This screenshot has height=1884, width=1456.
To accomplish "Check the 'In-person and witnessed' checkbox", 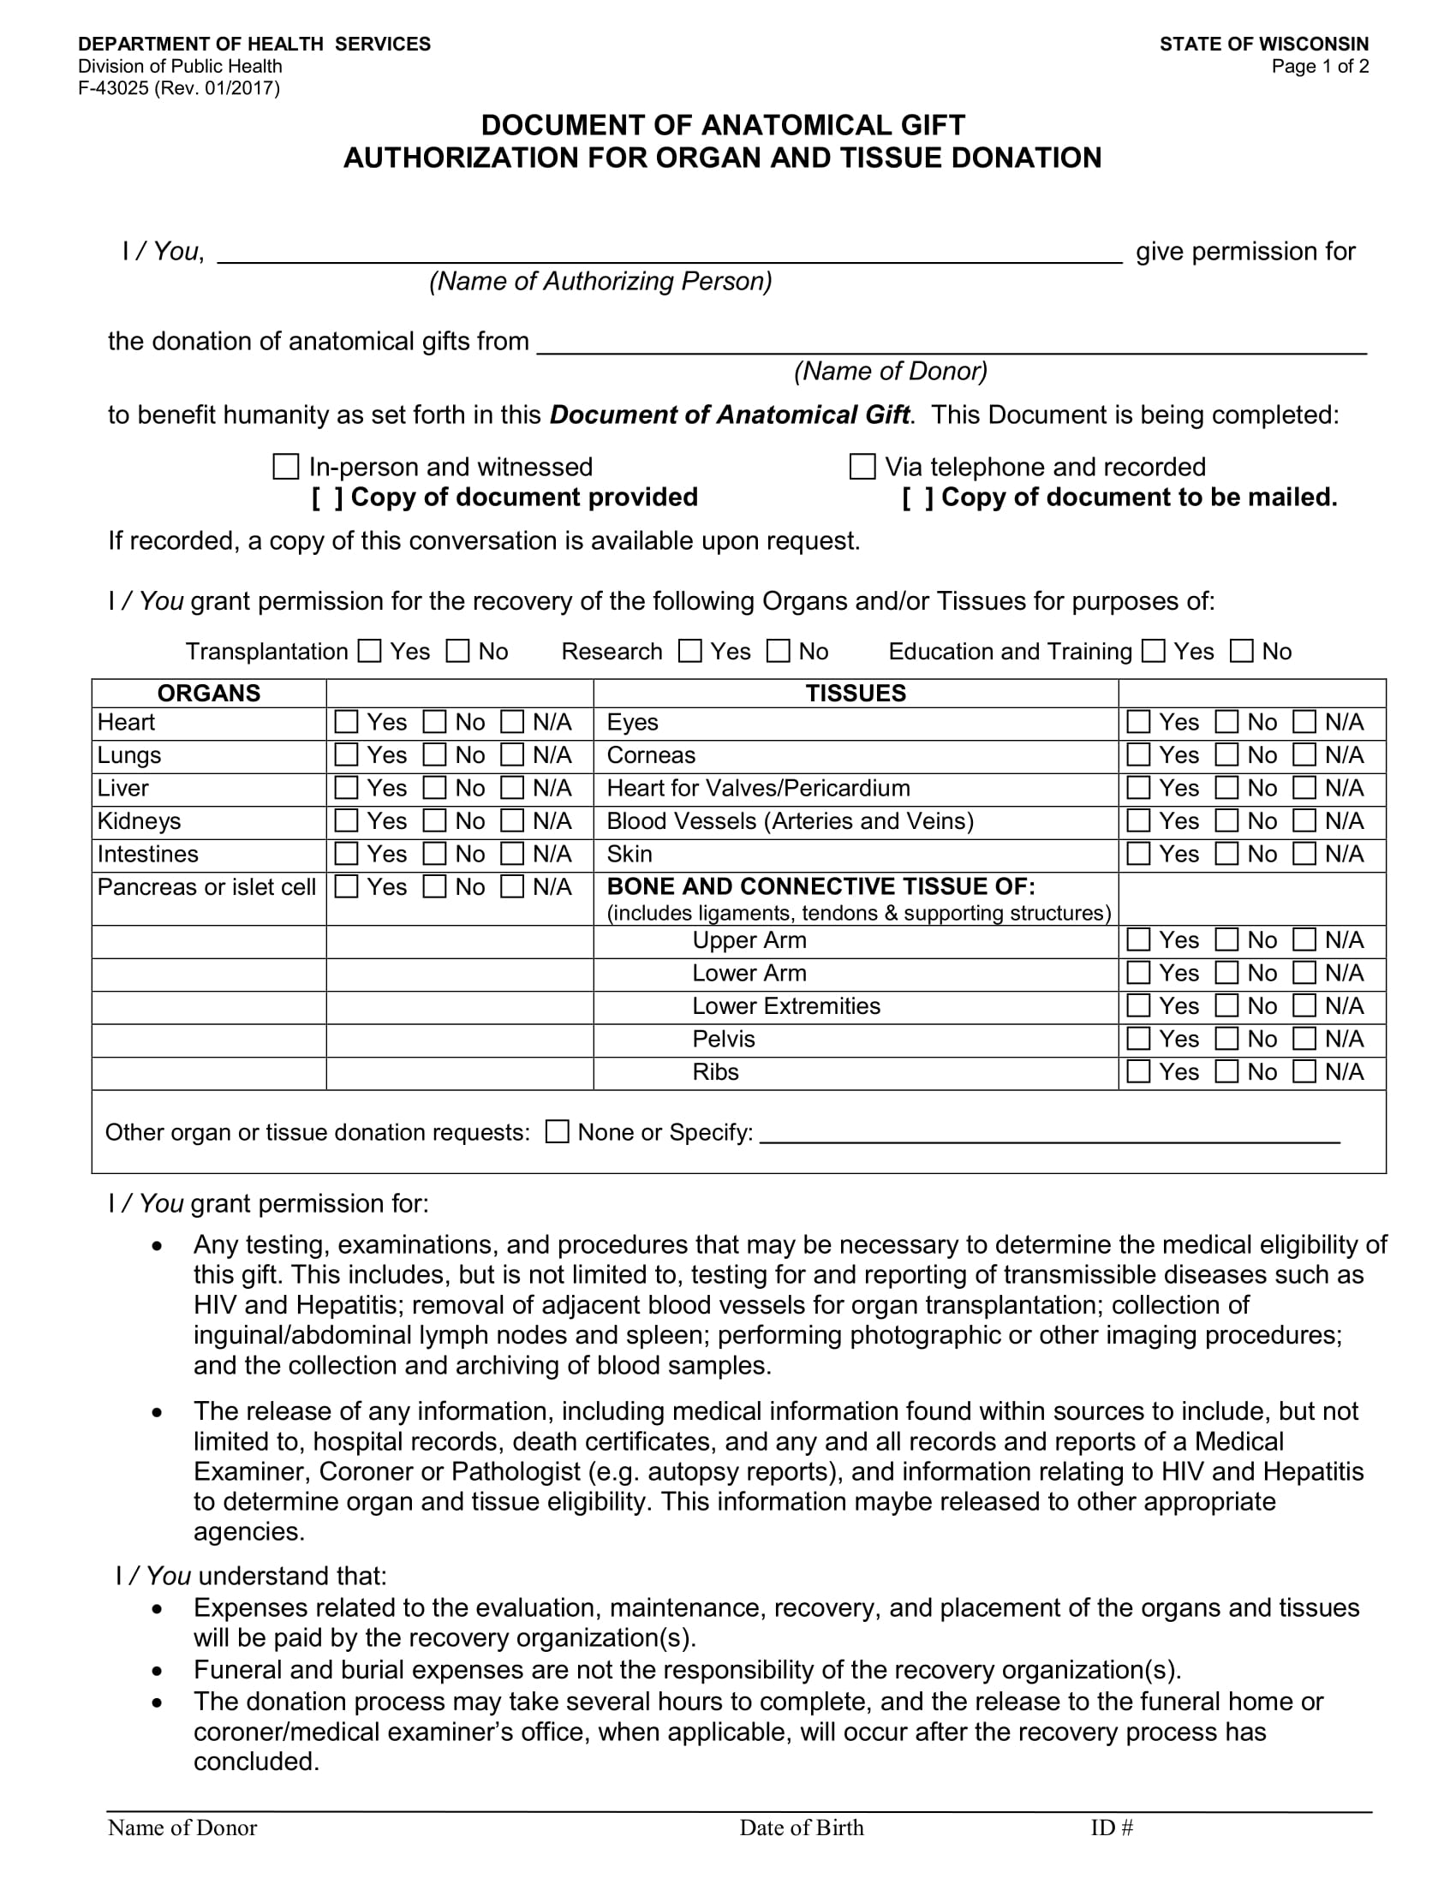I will (285, 467).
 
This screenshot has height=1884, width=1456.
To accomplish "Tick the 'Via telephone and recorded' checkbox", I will (862, 467).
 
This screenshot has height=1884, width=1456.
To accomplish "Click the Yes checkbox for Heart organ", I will (346, 721).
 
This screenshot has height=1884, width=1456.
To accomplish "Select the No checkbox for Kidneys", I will (435, 820).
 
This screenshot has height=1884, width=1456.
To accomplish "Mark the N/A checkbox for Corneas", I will (1305, 754).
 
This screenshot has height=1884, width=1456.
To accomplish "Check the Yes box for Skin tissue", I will (1138, 853).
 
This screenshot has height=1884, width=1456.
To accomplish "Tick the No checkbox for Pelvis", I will (1226, 1038).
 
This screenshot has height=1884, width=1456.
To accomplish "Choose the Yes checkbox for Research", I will (690, 652).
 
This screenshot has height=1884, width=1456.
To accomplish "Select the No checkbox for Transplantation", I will (458, 652).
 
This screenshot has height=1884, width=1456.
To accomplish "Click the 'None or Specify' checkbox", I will (558, 1131).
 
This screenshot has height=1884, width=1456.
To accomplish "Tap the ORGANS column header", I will (209, 694).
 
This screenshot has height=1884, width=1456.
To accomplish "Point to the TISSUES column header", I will (856, 694).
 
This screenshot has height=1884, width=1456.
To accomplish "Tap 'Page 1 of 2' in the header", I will (1320, 67).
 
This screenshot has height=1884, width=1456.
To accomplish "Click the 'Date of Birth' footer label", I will (802, 1827).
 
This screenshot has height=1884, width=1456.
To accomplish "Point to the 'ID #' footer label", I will (1111, 1827).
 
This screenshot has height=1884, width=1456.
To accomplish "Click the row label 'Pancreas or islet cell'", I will (206, 887).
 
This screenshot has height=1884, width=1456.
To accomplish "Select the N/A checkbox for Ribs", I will (1305, 1070).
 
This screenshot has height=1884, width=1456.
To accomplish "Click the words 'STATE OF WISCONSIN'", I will (1263, 44).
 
